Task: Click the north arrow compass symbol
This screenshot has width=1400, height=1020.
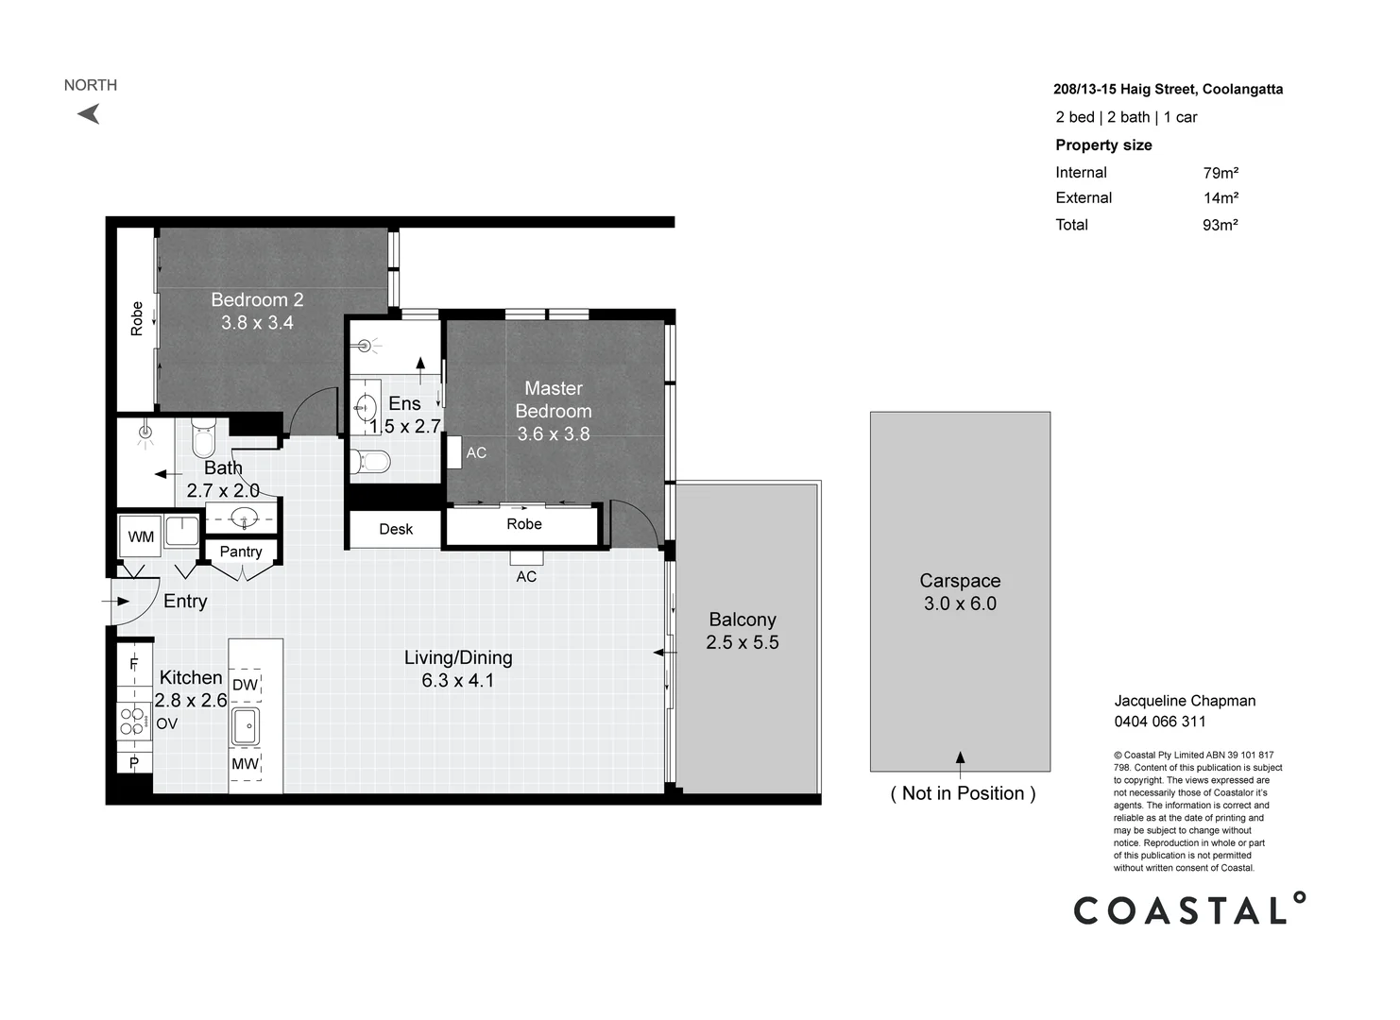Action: (x=90, y=114)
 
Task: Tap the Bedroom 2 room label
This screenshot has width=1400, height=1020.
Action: (x=257, y=300)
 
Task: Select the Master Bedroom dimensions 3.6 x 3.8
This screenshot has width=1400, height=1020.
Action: (x=554, y=433)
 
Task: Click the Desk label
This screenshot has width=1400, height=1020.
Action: (x=396, y=530)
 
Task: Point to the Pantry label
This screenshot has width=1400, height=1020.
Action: (x=241, y=552)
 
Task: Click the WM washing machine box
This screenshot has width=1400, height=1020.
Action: (x=141, y=536)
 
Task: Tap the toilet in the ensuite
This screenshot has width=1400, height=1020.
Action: (x=370, y=463)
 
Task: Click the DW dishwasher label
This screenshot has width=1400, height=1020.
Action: (x=245, y=685)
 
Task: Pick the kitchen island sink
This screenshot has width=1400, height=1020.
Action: (x=246, y=726)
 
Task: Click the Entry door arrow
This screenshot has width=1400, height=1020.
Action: (x=115, y=602)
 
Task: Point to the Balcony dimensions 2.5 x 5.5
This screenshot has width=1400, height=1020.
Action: (x=743, y=642)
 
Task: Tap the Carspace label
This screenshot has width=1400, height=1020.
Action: (x=960, y=581)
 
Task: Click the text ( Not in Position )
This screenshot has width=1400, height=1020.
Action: (x=964, y=793)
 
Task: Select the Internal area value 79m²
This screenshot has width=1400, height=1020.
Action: (x=1221, y=173)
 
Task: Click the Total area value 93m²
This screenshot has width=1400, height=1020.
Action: (x=1220, y=225)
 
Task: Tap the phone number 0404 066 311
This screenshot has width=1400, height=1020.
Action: (x=1160, y=722)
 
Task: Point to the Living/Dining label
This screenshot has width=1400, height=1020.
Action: (x=458, y=657)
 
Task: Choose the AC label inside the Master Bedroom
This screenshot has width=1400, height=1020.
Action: (x=476, y=452)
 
